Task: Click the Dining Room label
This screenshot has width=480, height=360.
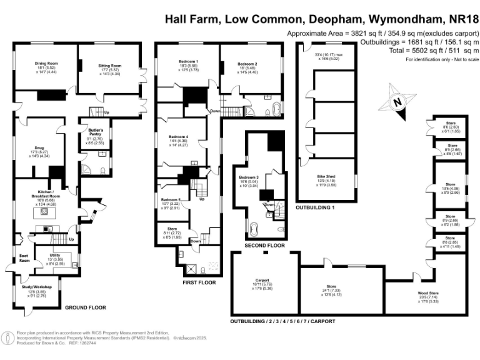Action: pyautogui.click(x=45, y=63)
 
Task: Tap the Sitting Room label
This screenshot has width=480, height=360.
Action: pyautogui.click(x=109, y=65)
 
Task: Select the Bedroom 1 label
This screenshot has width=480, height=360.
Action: pyautogui.click(x=188, y=61)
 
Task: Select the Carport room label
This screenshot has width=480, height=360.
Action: pyautogui.click(x=262, y=280)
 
